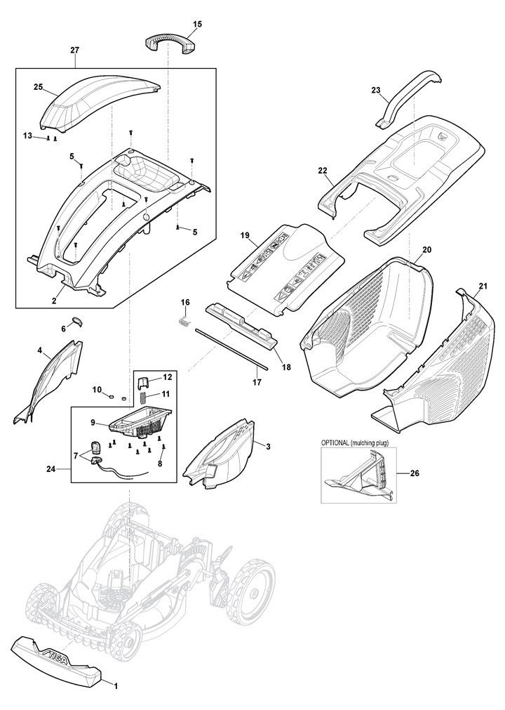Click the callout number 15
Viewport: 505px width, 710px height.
(x=197, y=25)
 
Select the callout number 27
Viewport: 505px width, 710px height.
(x=75, y=50)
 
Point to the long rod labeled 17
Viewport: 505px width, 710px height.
(x=231, y=348)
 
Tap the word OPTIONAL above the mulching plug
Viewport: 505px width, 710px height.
(x=337, y=443)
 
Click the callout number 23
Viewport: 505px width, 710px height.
(x=376, y=90)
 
